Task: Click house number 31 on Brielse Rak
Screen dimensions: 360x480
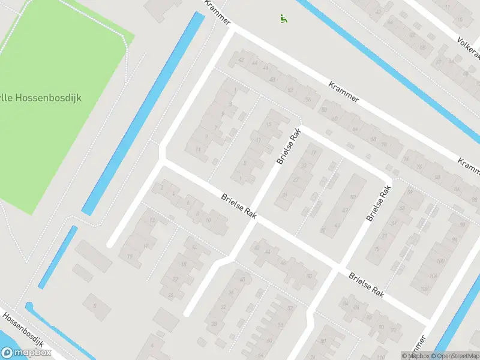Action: [285, 196]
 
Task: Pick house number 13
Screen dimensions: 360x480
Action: [152, 221]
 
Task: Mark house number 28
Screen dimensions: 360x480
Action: [214, 324]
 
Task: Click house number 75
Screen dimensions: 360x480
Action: [377, 249]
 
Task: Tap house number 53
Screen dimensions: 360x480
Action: [353, 197]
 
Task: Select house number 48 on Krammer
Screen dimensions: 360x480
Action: [272, 79]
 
